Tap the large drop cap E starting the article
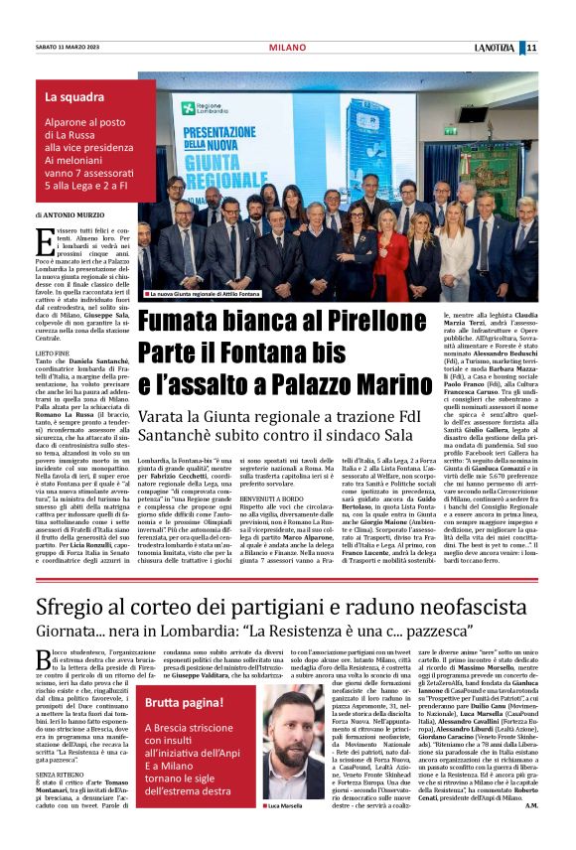coord(43,240)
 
